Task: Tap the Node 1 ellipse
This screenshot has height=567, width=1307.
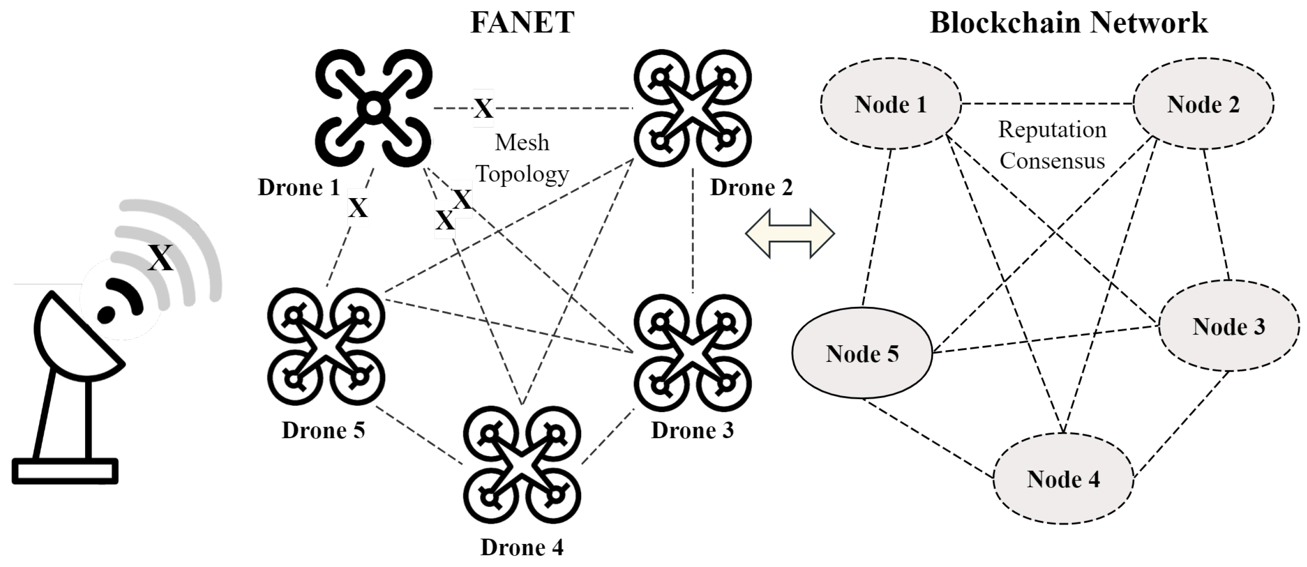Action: pos(890,104)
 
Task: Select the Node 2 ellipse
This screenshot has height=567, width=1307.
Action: pos(1203,104)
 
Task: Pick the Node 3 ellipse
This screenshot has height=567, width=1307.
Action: pos(1228,327)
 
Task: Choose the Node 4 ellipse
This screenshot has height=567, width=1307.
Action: pos(1063,479)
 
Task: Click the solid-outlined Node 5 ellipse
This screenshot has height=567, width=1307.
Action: pos(862,354)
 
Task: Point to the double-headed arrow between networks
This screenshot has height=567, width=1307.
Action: pos(789,233)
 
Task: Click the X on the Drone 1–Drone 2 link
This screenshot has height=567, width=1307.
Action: pos(483,108)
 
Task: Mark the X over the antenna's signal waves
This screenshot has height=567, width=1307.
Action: pos(161,257)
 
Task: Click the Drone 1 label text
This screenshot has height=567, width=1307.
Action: pos(299,187)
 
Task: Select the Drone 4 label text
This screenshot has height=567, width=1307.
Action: pos(521,547)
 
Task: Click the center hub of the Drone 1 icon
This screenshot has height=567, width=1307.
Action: pos(373,108)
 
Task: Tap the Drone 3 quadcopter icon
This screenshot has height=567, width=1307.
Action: pos(693,353)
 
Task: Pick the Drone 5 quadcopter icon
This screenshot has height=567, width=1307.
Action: pos(326,347)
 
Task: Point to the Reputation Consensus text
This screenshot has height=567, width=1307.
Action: pos(1052,145)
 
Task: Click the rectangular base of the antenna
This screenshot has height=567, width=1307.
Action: pos(65,471)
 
